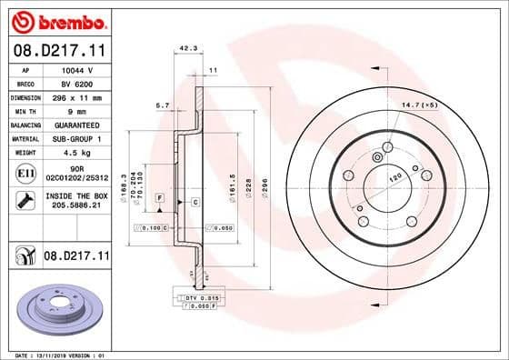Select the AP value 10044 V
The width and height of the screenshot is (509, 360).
(x=76, y=69)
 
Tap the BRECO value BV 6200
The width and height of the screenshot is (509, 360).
(x=76, y=83)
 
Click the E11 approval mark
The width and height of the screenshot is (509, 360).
(x=26, y=173)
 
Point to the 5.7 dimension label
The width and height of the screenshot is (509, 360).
(x=165, y=105)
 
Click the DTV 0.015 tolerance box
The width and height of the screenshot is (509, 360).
(x=196, y=298)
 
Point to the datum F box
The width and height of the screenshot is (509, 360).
(x=159, y=197)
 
